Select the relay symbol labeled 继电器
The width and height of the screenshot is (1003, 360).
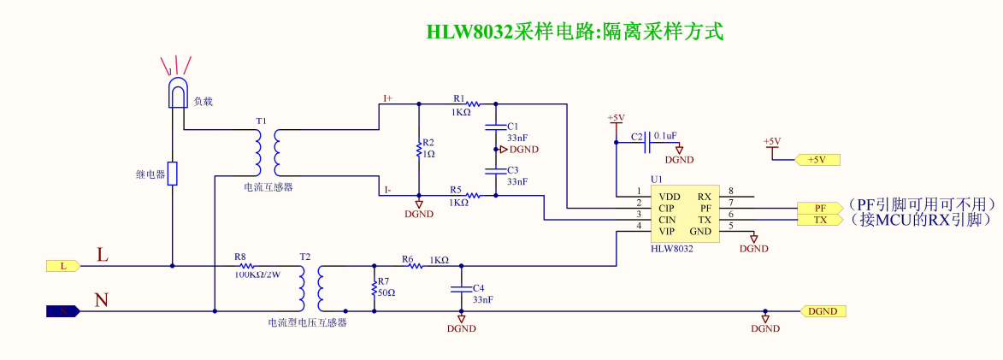173,174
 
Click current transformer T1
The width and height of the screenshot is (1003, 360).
267,152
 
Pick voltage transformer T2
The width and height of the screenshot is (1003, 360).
310,288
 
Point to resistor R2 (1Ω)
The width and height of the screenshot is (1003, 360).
418,150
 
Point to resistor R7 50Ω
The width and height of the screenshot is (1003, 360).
374,288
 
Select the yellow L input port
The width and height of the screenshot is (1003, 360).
62,266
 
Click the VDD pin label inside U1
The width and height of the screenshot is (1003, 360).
670,196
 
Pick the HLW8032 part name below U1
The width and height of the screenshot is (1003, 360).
671,248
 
